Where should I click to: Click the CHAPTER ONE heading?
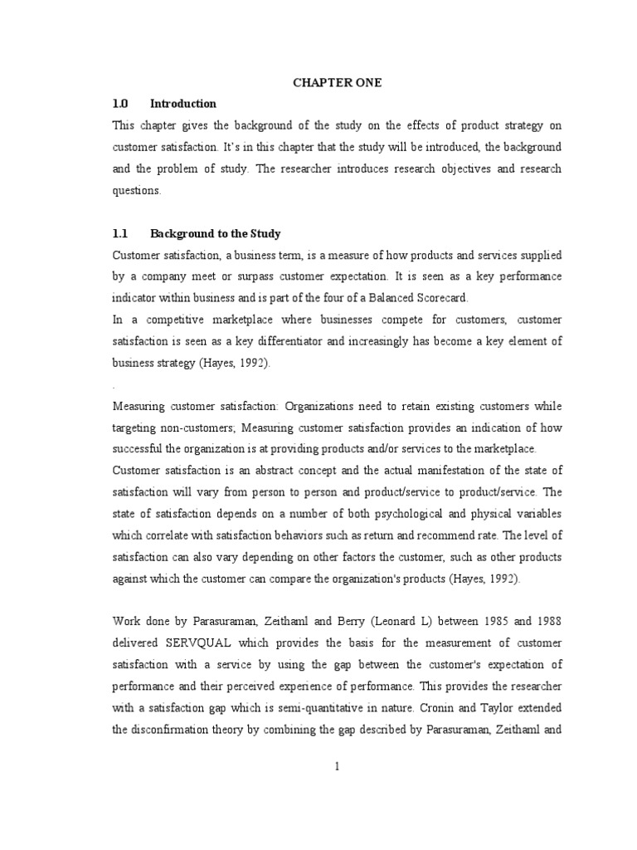pyautogui.click(x=336, y=82)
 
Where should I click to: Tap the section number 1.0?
pyautogui.click(x=120, y=104)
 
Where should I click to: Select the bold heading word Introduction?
pyautogui.click(x=182, y=104)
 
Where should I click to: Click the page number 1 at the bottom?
pyautogui.click(x=337, y=766)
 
